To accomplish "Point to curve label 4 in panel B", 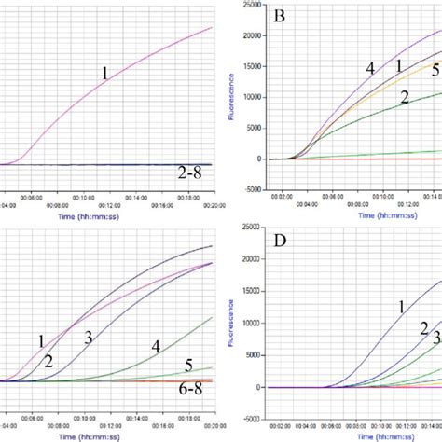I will coord(368,68).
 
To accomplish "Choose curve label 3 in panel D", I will coord(434,338).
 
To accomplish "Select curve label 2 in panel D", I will coord(422,326).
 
